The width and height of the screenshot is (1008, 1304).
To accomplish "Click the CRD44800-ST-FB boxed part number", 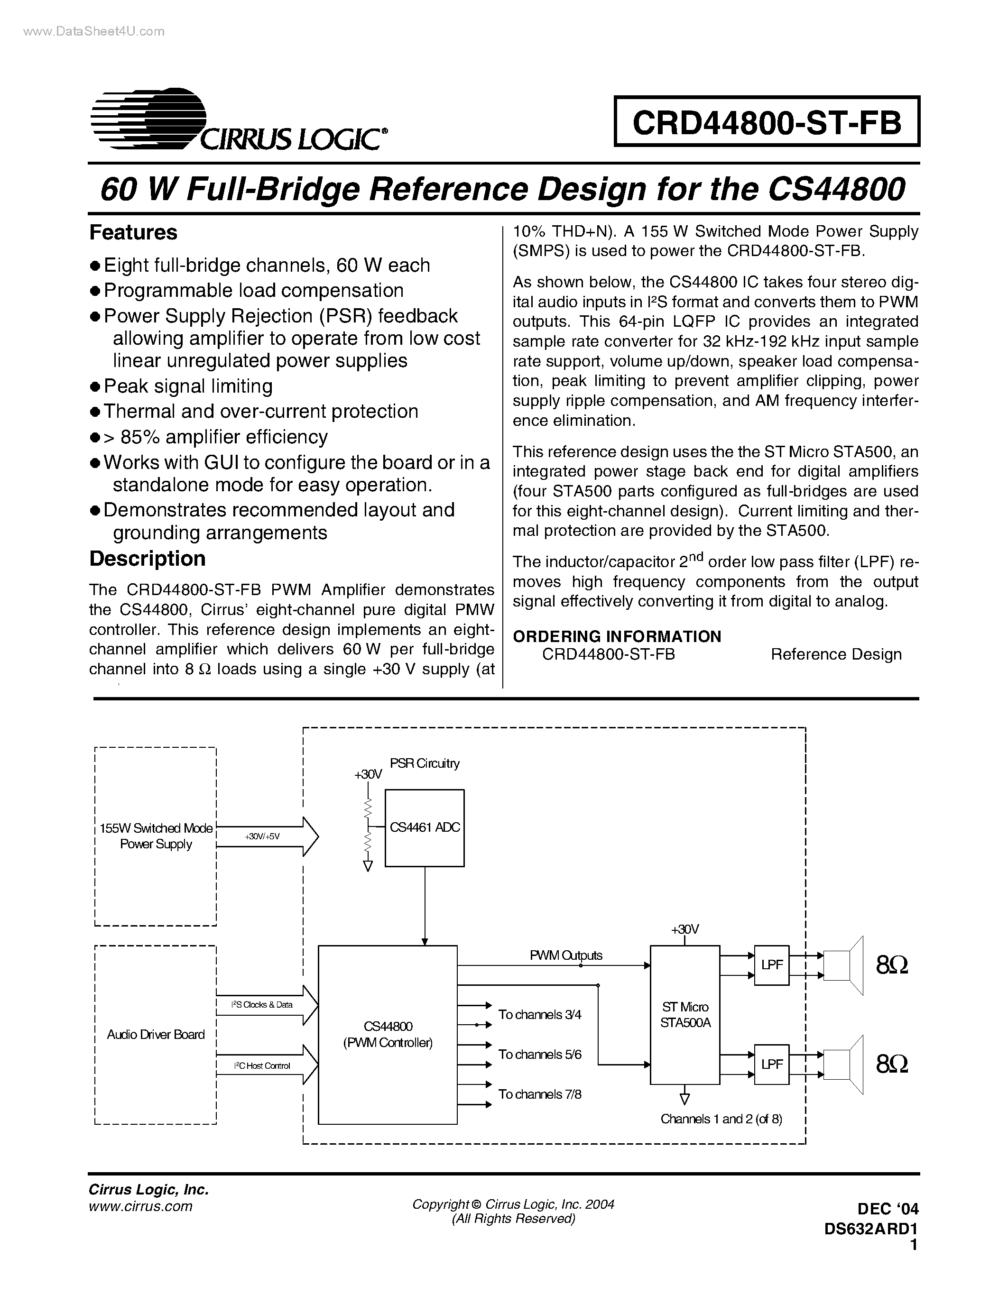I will point(767,122).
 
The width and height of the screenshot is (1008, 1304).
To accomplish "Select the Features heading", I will point(133,232).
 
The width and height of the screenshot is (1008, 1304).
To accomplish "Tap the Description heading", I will point(147,558).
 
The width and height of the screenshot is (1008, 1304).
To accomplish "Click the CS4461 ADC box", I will point(425,827).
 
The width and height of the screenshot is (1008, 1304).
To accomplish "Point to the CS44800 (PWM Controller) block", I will point(388,1034).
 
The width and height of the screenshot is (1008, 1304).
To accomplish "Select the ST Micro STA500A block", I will point(685,1014).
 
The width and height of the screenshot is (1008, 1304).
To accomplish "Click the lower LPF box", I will point(771,1064).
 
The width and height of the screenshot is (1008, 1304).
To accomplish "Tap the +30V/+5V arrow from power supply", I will point(267,836).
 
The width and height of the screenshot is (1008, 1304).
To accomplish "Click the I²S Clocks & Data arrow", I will point(267,1005).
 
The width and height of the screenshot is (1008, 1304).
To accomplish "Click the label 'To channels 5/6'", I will point(540,1055).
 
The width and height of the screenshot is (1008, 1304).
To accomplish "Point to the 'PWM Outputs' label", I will point(566,955).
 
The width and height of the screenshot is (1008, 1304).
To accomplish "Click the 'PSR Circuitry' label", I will point(425,763).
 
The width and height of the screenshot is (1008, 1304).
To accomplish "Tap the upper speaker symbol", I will point(843,965).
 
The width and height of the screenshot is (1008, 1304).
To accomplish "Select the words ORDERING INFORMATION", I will point(617,636).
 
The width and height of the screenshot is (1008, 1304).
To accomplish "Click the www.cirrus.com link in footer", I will point(140,1206).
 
